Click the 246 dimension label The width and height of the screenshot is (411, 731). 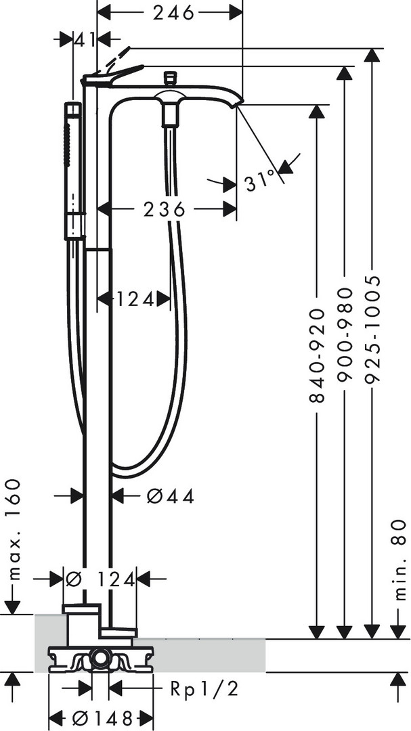[173, 13]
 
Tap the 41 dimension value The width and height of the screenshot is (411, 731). [85, 40]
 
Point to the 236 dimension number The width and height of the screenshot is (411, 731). [165, 209]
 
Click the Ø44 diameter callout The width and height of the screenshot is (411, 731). [170, 497]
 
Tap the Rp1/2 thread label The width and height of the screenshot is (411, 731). [204, 689]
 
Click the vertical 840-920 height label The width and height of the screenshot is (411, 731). [317, 355]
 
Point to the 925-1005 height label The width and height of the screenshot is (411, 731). [372, 329]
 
